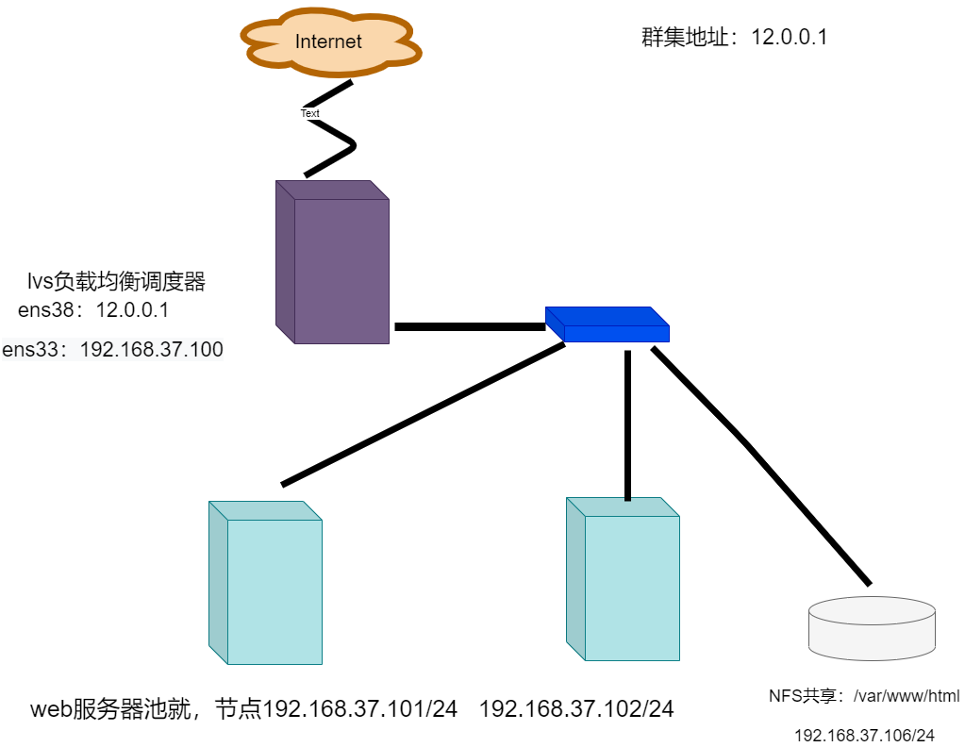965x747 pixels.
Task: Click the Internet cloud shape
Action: click(x=328, y=41)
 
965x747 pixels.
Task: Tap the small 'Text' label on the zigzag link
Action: click(x=310, y=113)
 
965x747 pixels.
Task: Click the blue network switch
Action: click(x=607, y=324)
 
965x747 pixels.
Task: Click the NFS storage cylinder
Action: click(x=872, y=628)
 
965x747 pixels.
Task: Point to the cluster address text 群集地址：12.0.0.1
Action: click(x=734, y=38)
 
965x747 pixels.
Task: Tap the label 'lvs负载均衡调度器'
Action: click(x=116, y=281)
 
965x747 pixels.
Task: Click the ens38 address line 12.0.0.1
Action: click(x=93, y=310)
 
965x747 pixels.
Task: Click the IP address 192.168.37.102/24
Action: click(x=576, y=709)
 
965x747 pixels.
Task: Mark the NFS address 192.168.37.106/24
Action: click(x=864, y=735)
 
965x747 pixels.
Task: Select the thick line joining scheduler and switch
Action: click(x=469, y=327)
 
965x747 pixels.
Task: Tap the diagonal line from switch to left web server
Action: click(x=423, y=415)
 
